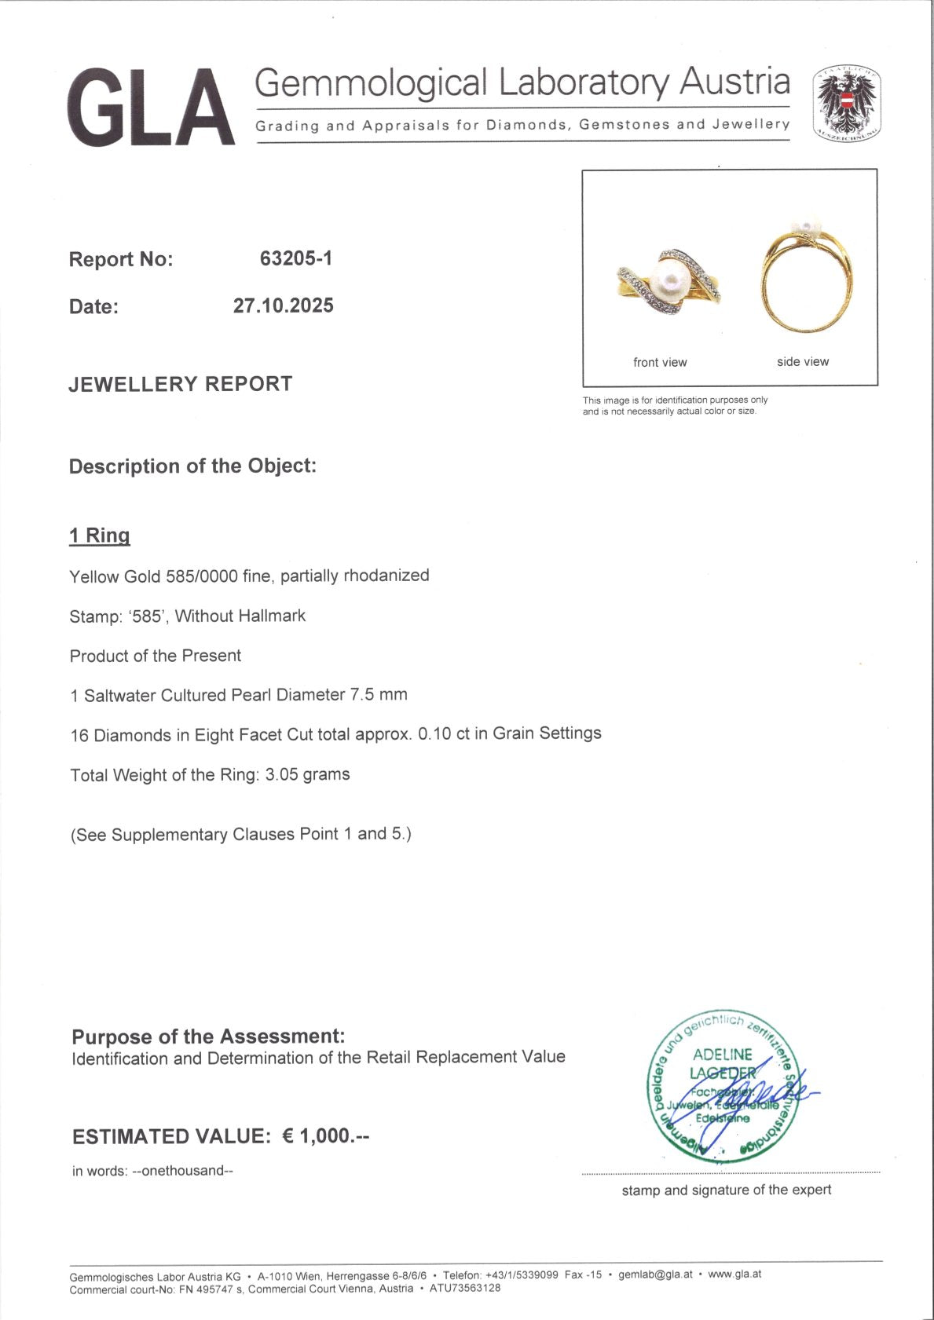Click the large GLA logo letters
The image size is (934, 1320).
click(x=151, y=108)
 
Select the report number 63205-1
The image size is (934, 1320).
click(x=296, y=258)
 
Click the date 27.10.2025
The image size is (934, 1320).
click(x=283, y=305)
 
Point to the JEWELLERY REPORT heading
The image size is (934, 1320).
click(x=181, y=384)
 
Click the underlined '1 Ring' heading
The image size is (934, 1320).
click(x=100, y=536)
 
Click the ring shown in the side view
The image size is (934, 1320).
click(x=806, y=279)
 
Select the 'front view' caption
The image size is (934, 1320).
click(x=660, y=362)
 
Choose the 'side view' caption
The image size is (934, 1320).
click(x=803, y=361)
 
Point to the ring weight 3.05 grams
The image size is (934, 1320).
click(x=307, y=774)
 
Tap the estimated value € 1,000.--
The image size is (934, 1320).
click(x=325, y=1135)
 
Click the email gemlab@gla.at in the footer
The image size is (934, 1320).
click(x=655, y=1274)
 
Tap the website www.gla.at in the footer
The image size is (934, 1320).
click(x=734, y=1274)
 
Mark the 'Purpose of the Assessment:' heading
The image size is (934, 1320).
click(x=208, y=1037)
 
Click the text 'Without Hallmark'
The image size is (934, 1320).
click(x=240, y=616)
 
